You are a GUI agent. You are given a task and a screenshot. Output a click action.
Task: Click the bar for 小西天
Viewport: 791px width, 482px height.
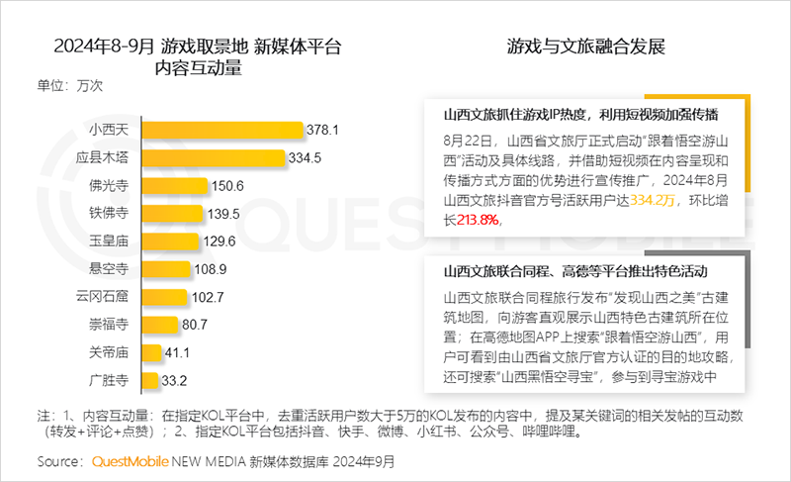point(222,130)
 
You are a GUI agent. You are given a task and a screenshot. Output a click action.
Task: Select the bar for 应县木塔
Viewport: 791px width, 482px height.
point(213,157)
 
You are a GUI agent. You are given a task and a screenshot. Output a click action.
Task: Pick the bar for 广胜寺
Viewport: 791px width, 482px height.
point(150,379)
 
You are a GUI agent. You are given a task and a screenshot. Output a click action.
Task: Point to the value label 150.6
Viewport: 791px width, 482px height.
point(226,185)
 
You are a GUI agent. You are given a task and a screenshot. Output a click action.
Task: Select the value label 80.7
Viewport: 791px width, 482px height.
point(194,324)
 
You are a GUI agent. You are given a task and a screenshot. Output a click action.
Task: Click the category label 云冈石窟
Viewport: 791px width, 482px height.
point(109,296)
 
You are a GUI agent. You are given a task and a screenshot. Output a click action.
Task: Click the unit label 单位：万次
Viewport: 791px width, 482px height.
point(70,85)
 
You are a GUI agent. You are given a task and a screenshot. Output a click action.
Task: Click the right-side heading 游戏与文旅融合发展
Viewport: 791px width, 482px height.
point(585,47)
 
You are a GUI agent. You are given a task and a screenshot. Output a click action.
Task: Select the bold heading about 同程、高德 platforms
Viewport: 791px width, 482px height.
point(581,271)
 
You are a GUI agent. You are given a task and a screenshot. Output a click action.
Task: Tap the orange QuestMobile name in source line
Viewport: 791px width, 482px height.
point(130,461)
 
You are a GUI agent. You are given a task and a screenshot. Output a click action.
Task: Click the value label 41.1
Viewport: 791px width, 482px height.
point(179,351)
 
